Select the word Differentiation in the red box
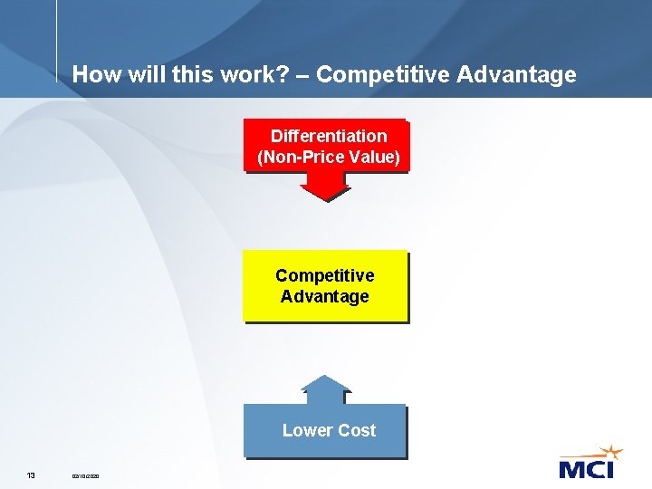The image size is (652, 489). (x=328, y=136)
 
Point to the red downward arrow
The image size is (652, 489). (x=324, y=186)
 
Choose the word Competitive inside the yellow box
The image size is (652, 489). (x=324, y=275)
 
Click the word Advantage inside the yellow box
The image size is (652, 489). (x=324, y=296)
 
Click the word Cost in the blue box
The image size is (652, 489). (x=357, y=430)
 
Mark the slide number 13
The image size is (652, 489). (x=31, y=475)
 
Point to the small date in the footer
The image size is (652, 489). (x=86, y=475)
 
